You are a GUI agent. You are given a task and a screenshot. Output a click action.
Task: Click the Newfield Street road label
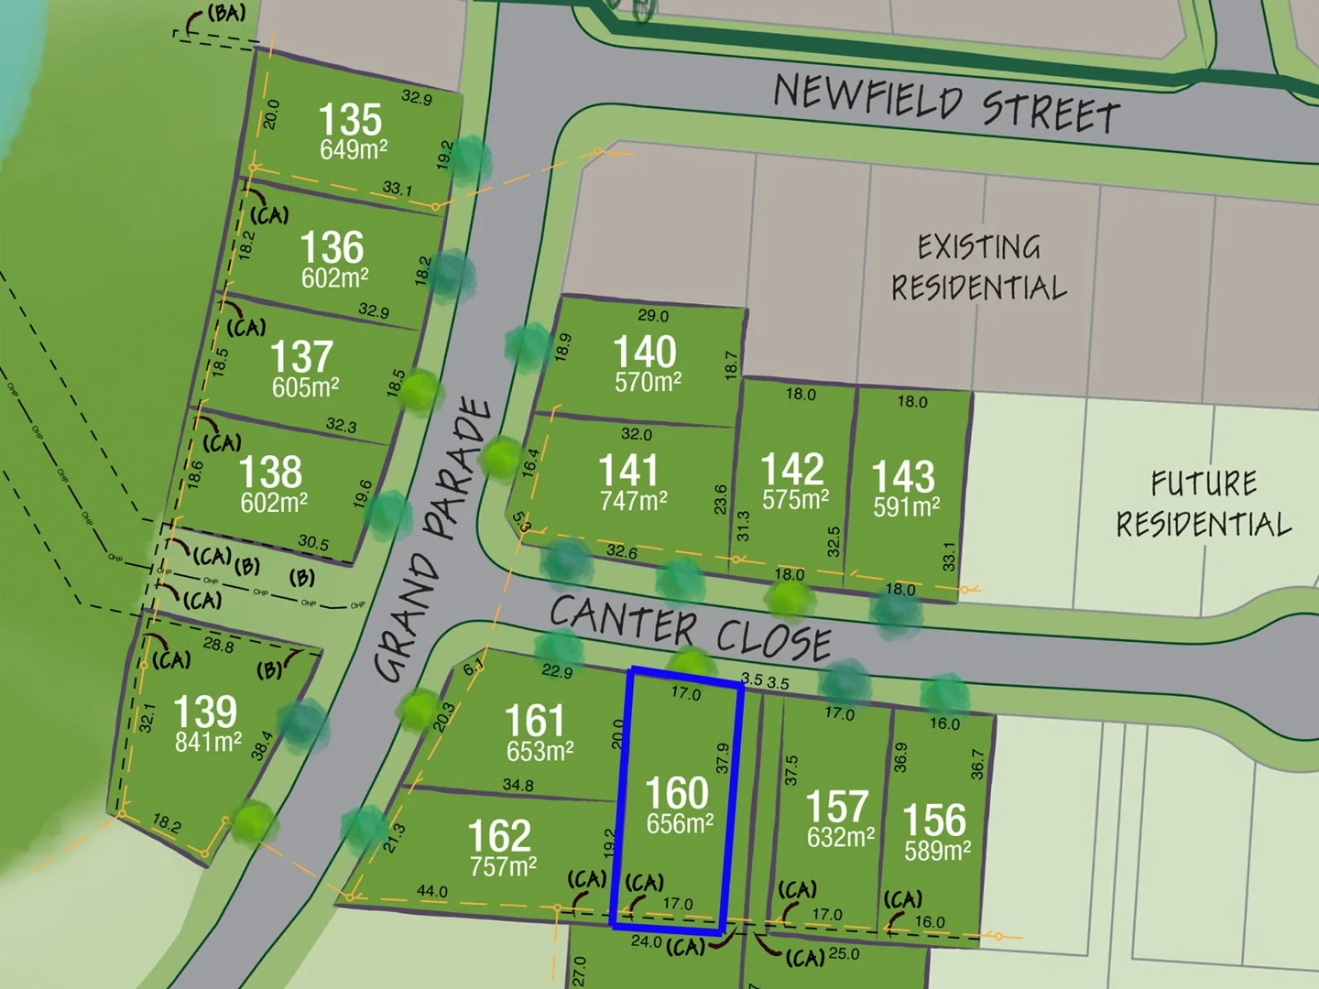click(x=947, y=103)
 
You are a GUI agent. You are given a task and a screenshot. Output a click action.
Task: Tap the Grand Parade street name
click(x=434, y=540)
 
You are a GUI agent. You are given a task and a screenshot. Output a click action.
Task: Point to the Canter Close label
click(x=691, y=628)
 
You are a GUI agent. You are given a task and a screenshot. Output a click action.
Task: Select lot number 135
click(x=350, y=120)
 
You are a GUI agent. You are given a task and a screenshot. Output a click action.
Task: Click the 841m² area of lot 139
click(x=209, y=742)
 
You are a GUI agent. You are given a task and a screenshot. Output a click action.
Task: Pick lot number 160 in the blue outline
click(x=677, y=793)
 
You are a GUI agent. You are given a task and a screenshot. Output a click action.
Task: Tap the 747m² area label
click(x=634, y=501)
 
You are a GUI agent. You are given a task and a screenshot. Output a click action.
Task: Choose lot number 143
click(x=903, y=476)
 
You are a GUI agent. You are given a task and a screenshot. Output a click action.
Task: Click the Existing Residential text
click(x=979, y=266)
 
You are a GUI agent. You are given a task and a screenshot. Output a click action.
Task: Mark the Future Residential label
click(x=1204, y=504)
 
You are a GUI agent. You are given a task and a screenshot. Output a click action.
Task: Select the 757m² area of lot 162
click(x=503, y=865)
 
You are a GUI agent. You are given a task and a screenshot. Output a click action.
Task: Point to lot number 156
click(x=934, y=820)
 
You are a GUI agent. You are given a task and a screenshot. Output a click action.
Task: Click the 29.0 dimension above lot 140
click(x=653, y=316)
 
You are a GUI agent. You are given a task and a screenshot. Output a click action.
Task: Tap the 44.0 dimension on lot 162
click(x=432, y=891)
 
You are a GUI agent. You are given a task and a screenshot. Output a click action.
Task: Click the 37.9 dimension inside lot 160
click(x=723, y=757)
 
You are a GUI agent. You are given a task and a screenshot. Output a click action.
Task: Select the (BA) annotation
click(x=224, y=14)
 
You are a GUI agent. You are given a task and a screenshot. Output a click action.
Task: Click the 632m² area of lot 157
click(x=840, y=837)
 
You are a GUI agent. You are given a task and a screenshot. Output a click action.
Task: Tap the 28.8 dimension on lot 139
click(x=218, y=645)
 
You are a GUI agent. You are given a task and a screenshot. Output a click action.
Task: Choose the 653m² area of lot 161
click(x=540, y=752)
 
